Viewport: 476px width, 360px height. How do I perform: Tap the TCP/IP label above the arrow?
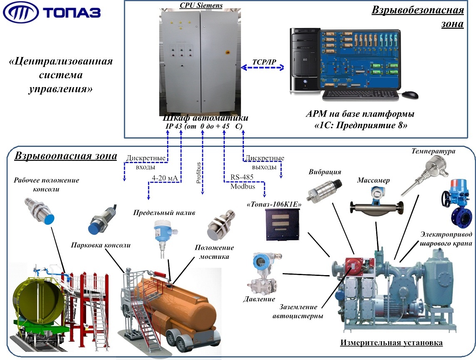[x=264, y=62]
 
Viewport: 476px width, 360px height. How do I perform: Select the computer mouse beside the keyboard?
[x=410, y=95]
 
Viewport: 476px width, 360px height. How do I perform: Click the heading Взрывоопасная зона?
[x=66, y=156]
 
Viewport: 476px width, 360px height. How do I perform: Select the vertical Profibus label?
[x=198, y=174]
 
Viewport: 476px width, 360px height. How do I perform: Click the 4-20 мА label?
[x=164, y=178]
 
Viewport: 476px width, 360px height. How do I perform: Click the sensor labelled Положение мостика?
[x=220, y=228]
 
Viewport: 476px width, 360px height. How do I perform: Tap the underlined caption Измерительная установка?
[x=391, y=343]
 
